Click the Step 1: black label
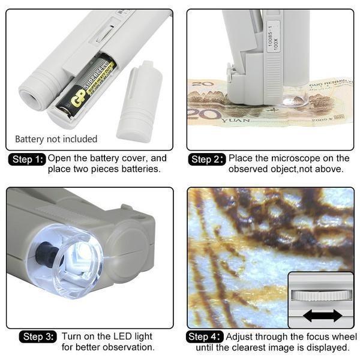point(28,160)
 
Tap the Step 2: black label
point(207,160)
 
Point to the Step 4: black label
point(205,337)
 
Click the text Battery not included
point(56,139)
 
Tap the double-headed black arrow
point(322,316)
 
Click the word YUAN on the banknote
point(235,121)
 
